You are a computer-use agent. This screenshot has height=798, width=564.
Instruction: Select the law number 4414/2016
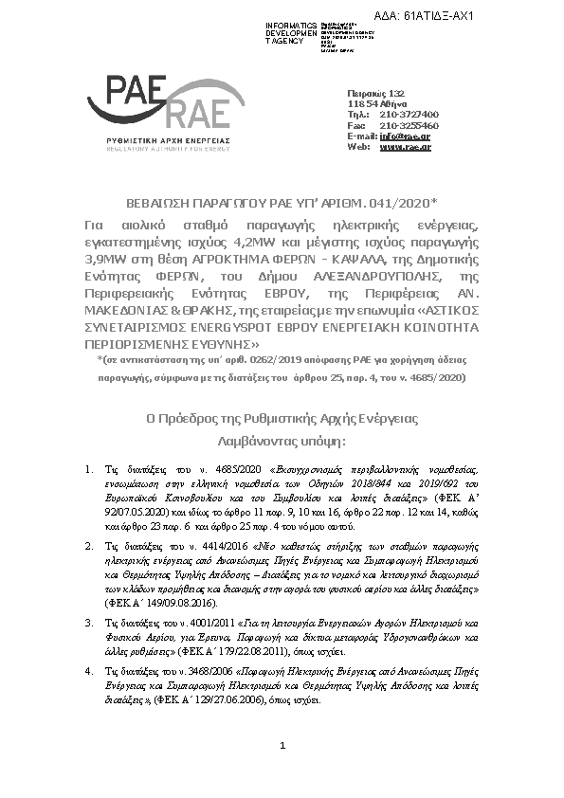click(x=210, y=547)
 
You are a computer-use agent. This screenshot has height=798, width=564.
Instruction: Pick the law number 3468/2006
click(x=210, y=668)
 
